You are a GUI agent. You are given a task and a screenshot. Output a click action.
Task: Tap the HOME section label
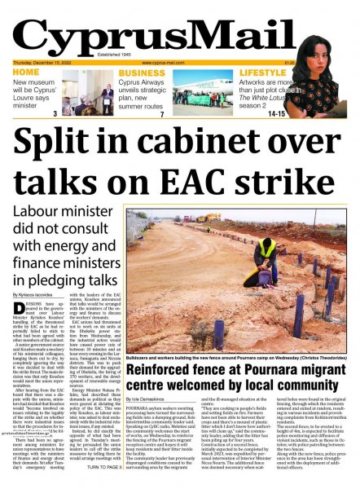[26, 72]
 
